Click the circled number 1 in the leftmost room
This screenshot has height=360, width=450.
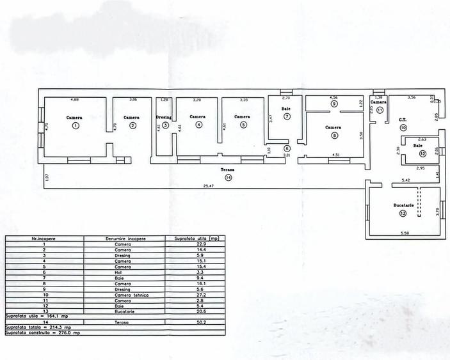pos(75,125)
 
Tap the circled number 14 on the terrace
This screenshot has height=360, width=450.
pos(229,178)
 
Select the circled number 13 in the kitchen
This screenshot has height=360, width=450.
pos(403,213)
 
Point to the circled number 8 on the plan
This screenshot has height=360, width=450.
pos(333,135)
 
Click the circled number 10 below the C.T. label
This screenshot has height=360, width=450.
pos(403,128)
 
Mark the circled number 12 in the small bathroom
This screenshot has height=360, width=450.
pos(422,154)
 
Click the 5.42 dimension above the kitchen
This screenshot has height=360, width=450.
pos(405,181)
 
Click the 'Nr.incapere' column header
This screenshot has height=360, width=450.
pos(44,239)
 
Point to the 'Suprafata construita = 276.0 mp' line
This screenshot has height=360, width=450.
pos(44,333)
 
